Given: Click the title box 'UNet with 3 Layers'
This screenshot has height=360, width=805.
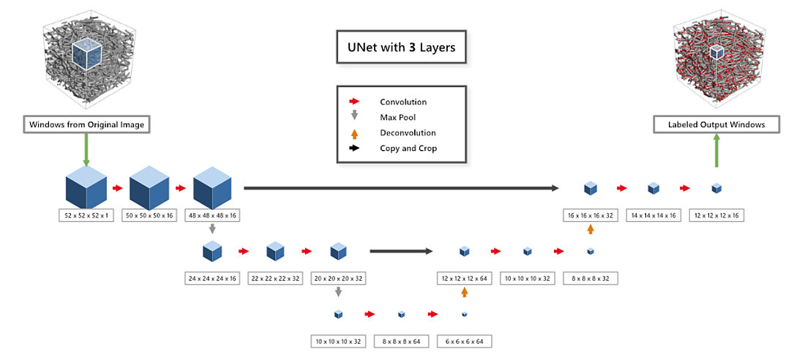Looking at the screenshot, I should click(x=401, y=48).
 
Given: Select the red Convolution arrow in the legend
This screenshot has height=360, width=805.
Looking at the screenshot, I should click(x=354, y=102).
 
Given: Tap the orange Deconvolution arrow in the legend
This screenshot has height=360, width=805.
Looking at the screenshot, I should click(x=354, y=132).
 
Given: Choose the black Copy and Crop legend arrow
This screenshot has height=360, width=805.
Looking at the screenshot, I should click(x=354, y=149).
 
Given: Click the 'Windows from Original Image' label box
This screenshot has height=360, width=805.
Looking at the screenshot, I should click(x=86, y=125).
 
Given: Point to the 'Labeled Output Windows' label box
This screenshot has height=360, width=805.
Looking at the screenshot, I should click(x=716, y=124).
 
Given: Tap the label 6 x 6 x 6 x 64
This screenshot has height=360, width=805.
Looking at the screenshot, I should click(x=465, y=341).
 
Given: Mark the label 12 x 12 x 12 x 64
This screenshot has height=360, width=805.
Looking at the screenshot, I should click(x=465, y=278).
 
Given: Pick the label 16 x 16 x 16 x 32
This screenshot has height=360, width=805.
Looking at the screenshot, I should click(x=591, y=215).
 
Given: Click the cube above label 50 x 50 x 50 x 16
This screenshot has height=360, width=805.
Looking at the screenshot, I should click(x=149, y=188).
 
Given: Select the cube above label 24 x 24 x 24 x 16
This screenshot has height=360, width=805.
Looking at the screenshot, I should click(x=212, y=252).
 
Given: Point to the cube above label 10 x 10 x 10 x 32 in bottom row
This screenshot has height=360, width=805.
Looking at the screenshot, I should click(x=338, y=315).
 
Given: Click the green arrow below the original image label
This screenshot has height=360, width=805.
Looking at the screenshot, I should click(x=86, y=151).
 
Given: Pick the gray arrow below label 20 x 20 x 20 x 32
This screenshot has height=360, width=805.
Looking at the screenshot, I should click(x=338, y=293).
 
